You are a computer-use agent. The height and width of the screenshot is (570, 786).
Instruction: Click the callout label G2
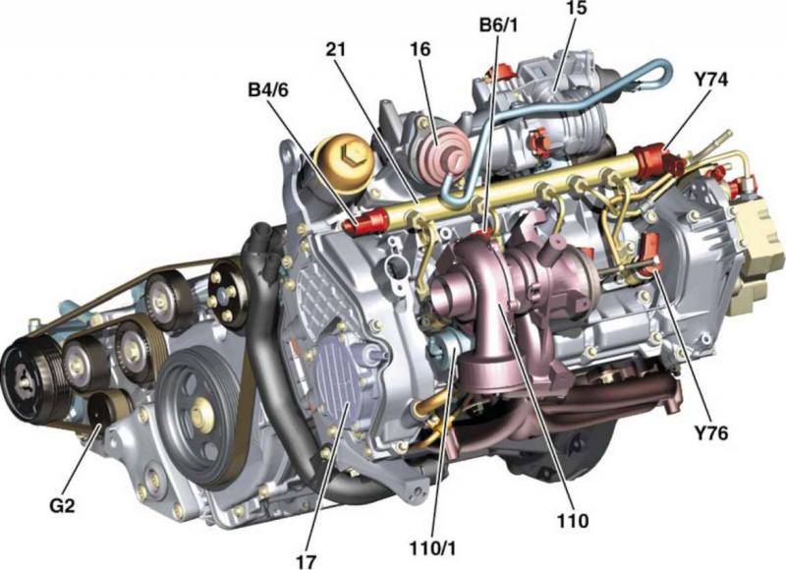point(62,506)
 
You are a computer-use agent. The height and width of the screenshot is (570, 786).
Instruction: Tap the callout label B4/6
point(268,90)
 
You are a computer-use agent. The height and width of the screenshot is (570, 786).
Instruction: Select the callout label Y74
point(711,80)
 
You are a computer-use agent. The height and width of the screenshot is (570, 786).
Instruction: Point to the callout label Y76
point(711,432)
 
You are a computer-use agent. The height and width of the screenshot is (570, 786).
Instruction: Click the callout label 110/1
point(433,548)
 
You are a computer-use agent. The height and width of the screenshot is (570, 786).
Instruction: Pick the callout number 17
point(306,561)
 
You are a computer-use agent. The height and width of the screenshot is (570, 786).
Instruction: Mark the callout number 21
point(336,50)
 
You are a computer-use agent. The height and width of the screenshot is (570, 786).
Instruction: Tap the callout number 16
point(421,50)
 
